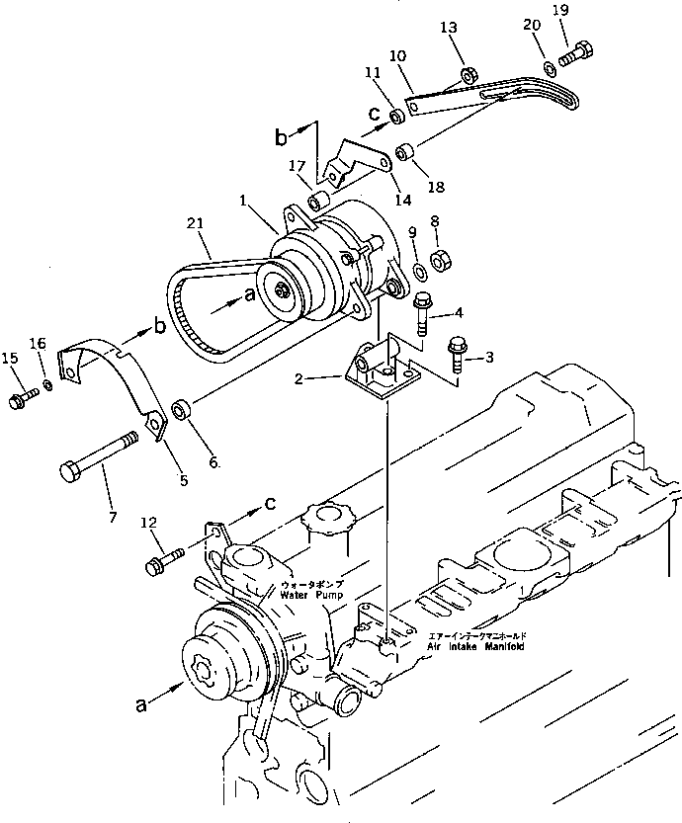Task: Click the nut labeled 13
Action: tap(471, 74)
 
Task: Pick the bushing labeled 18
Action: tap(404, 153)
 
